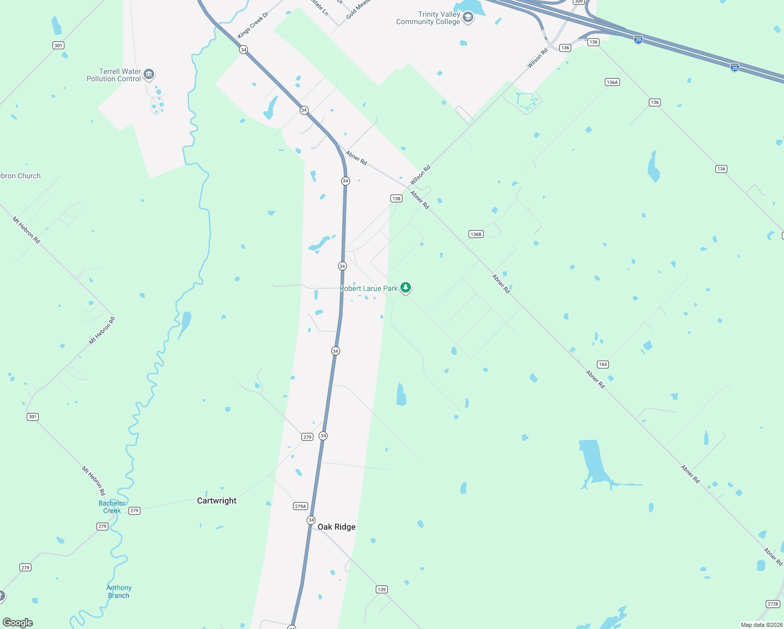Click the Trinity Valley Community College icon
tap(468, 18)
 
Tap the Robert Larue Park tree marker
tap(406, 287)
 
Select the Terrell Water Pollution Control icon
tap(149, 74)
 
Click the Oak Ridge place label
tap(336, 527)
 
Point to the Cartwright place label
tap(216, 501)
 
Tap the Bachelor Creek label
tap(112, 507)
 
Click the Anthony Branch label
tap(119, 591)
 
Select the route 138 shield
tap(396, 198)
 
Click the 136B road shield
tap(476, 234)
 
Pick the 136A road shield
tap(612, 82)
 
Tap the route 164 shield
tap(603, 364)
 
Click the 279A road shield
tap(300, 506)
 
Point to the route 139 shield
tap(382, 590)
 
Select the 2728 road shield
tap(773, 604)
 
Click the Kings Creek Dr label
tap(253, 25)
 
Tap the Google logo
tap(18, 623)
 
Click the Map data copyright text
tap(761, 625)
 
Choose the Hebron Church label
tap(20, 176)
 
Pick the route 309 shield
tap(579, 2)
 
